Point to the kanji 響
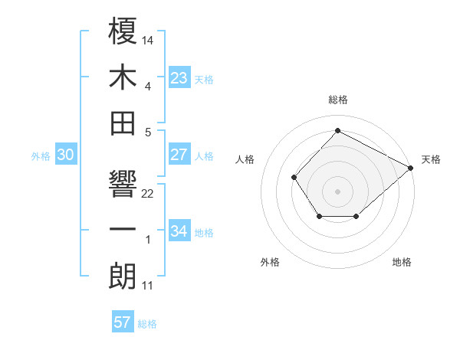point(123,186)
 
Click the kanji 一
point(123,231)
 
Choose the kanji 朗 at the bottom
point(123,276)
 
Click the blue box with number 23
point(179,78)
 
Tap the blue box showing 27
point(179,155)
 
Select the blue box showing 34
point(179,231)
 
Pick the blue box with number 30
point(66,155)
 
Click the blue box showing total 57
point(122,322)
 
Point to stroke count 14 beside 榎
point(148,38)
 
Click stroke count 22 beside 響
point(148,193)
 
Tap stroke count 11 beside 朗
point(148,286)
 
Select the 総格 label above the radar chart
point(337,100)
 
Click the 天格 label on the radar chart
point(431,159)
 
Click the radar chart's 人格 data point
point(294,178)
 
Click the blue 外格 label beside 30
point(40,155)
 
